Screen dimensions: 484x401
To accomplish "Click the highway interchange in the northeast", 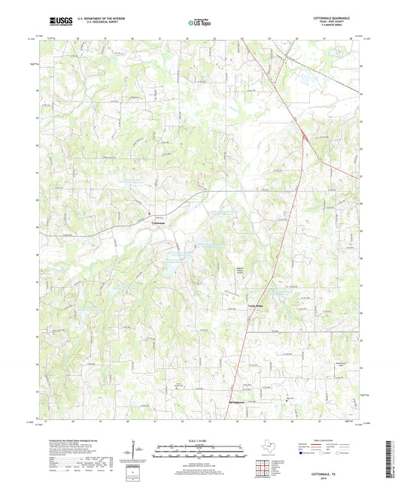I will [x=303, y=136].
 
